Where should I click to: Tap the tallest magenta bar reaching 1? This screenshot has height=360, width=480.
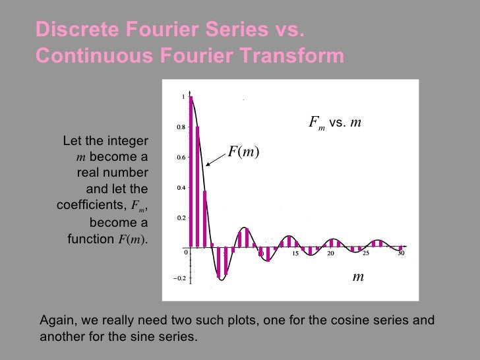coord(191,171)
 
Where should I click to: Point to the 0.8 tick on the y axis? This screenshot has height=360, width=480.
coord(179,127)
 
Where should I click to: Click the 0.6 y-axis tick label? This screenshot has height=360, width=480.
coord(179,158)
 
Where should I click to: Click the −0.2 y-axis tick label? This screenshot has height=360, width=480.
coord(178,278)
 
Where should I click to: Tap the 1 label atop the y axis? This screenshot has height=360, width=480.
coord(183,97)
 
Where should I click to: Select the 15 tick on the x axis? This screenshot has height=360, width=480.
coord(295,254)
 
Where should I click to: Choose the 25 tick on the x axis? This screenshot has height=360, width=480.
coord(365,254)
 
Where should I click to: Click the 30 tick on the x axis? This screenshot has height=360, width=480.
coord(400,254)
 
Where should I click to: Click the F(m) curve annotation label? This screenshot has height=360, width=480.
coord(243,152)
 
